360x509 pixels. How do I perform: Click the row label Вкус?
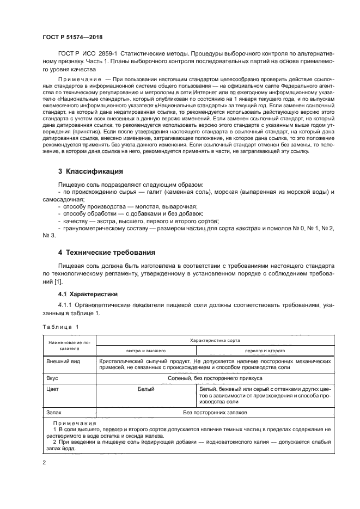point(53,378)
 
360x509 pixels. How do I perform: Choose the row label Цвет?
point(53,389)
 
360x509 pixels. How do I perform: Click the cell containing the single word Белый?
point(146,389)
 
